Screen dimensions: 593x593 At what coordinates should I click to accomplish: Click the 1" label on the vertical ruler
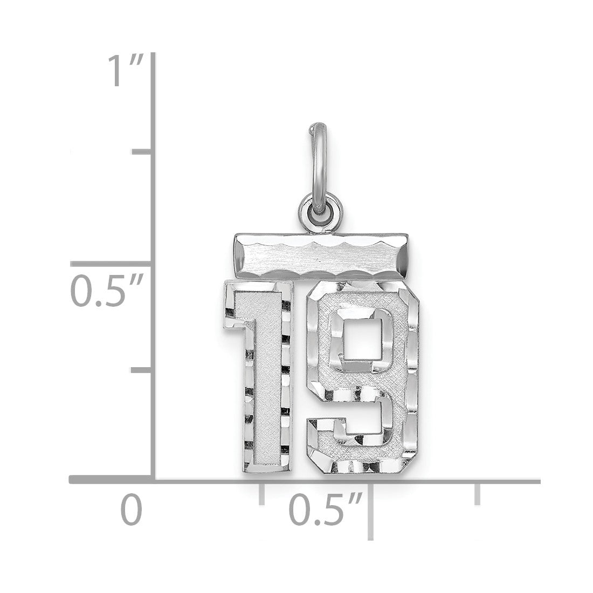[x=126, y=71]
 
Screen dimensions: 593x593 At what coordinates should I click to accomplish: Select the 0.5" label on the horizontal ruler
[x=326, y=508]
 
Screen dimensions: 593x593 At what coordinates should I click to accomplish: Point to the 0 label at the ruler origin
[x=132, y=509]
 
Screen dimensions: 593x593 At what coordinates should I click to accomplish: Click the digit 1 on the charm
[x=260, y=376]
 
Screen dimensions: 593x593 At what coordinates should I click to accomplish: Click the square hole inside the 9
[x=362, y=338]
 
